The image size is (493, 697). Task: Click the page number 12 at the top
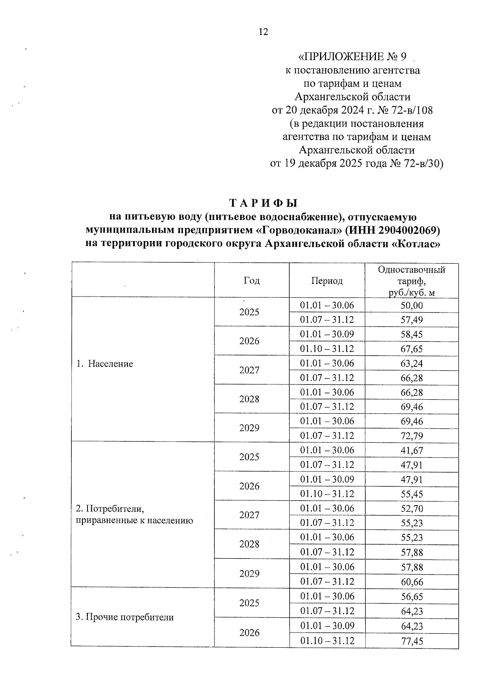point(263,32)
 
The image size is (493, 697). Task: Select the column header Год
point(251,281)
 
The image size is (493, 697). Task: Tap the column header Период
point(327,281)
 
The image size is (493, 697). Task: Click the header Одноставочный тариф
point(412,281)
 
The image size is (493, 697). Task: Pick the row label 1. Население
point(105,364)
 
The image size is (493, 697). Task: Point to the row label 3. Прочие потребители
point(124,617)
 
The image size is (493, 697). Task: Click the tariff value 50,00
point(412,306)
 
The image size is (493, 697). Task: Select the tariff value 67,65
point(412,349)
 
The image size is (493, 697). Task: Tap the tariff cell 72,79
point(412,436)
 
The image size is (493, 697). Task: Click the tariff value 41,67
point(412,451)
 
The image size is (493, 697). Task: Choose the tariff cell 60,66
point(412,582)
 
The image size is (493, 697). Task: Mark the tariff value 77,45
point(412,641)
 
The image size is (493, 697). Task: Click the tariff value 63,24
point(412,363)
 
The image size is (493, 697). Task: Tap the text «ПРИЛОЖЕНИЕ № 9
point(352,56)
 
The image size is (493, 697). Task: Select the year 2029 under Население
point(249,428)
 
